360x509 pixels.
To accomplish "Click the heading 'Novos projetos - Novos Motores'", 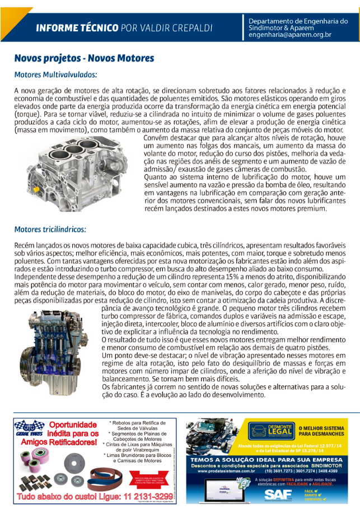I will (84, 58).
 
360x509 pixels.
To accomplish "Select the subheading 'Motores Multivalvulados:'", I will (55, 74).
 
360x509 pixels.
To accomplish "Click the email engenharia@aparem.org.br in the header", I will (290, 35).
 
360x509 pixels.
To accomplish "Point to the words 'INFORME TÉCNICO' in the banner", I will (77, 27).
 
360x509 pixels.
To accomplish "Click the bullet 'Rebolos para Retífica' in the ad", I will (137, 423).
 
